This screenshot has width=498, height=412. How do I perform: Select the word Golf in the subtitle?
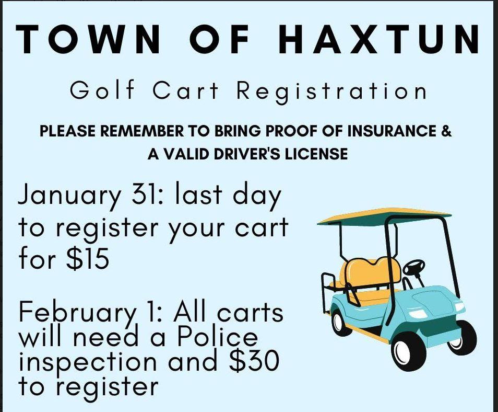pyautogui.click(x=102, y=91)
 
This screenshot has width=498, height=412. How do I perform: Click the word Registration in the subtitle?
pyautogui.click(x=332, y=91)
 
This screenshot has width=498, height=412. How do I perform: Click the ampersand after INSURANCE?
pyautogui.click(x=446, y=131)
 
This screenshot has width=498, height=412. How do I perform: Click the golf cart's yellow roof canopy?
pyautogui.click(x=384, y=215)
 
